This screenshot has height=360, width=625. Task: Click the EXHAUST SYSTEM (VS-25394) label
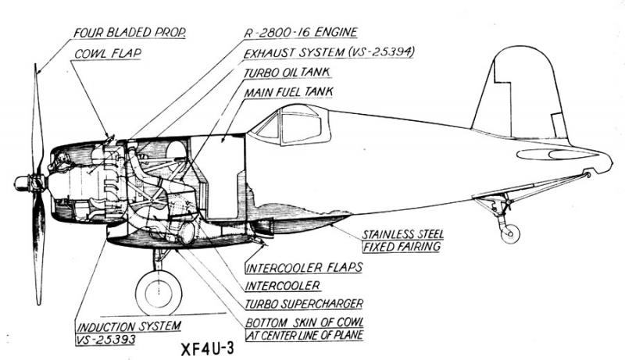click(x=328, y=52)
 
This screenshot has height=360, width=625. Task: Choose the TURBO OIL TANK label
click(x=287, y=72)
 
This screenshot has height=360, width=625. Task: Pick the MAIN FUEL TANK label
click(x=289, y=92)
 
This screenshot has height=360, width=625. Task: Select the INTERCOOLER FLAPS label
click(x=304, y=267)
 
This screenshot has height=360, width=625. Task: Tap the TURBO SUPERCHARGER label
click(x=304, y=304)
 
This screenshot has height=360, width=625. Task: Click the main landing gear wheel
click(x=159, y=293)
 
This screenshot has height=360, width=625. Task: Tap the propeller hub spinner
click(x=21, y=183)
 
